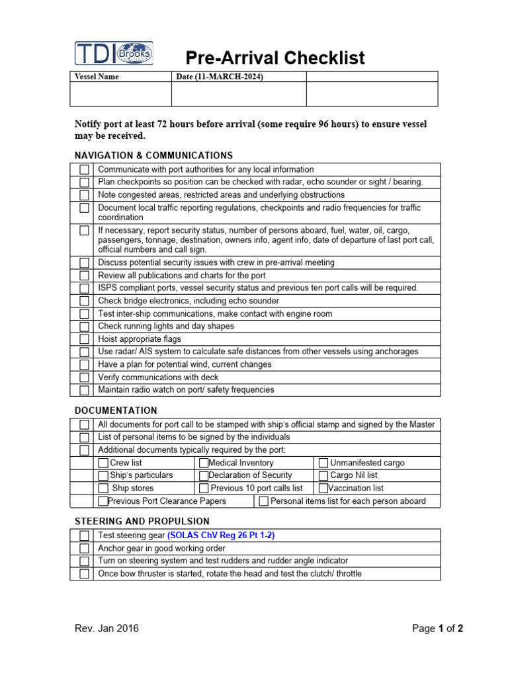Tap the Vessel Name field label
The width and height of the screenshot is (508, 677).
97,77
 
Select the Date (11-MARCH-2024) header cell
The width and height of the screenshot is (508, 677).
220,77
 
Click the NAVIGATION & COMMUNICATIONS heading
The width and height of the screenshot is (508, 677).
153,155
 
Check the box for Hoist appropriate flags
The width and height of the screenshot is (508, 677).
84,339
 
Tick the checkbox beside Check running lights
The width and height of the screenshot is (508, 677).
84,327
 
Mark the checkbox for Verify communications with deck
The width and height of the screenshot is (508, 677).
84,378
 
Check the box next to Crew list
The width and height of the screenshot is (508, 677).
103,463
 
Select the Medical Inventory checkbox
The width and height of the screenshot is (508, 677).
204,463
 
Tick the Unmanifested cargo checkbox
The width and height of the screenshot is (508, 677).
323,463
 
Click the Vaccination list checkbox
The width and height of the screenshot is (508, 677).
323,489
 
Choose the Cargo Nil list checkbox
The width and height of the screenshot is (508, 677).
323,476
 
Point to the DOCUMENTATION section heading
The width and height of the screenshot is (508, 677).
116,411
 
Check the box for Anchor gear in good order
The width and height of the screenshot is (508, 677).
84,549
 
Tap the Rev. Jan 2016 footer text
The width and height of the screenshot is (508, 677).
106,629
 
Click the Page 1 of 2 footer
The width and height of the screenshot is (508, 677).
437,629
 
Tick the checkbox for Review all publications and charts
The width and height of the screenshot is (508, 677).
84,276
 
